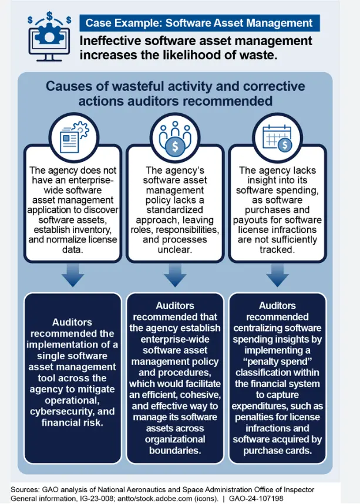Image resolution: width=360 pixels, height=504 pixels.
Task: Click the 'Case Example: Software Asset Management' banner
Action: pos(199,23)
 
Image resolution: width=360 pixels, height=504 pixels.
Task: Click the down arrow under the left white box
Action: pos(73,275)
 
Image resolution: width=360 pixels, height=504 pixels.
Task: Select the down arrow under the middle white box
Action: pos(175,275)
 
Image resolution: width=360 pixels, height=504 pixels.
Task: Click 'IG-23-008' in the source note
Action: pos(98,498)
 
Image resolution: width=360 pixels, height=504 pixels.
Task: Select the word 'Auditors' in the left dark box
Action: pos(73,322)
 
